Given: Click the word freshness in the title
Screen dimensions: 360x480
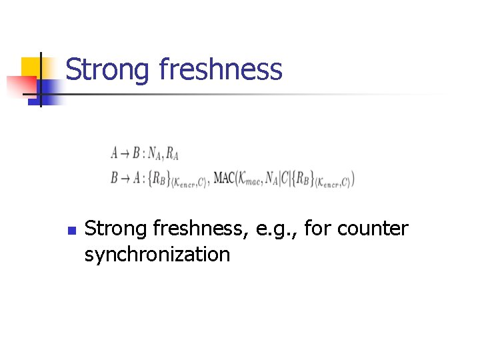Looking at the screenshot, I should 221,69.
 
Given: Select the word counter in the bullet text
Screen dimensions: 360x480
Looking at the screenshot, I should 373,229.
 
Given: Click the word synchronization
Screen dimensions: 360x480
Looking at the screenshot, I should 157,254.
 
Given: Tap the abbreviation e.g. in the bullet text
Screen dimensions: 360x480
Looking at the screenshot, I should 279,229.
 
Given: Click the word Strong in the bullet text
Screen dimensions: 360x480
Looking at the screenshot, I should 116,229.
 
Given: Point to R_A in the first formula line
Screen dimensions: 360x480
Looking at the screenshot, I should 172,154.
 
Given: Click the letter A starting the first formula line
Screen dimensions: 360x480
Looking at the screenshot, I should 115,153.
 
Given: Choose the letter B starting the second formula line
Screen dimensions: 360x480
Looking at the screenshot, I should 115,178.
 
